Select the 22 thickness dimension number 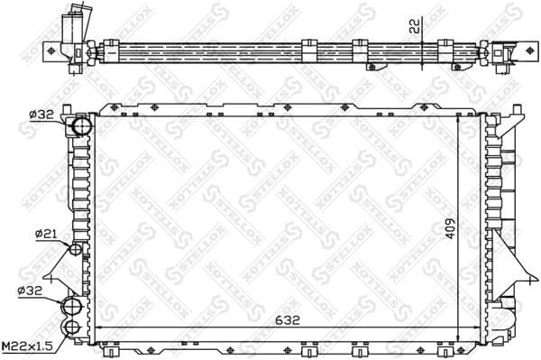[x=414, y=26]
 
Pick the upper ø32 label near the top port [x=43, y=114]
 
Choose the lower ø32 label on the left [x=30, y=291]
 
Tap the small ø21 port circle [x=77, y=248]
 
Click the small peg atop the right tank [x=493, y=116]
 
